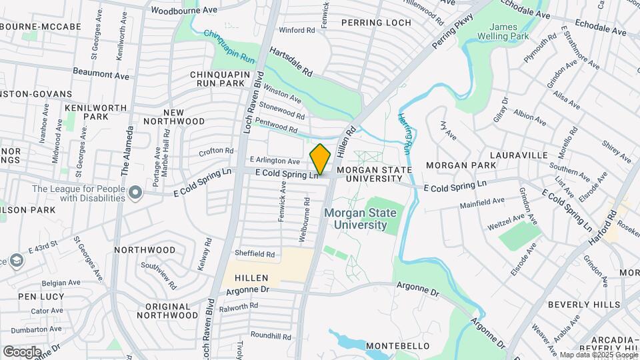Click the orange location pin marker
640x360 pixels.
[x=321, y=159]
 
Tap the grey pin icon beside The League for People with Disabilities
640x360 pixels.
[x=136, y=193]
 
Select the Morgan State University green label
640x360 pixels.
[x=360, y=219]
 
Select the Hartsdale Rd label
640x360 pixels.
[x=291, y=60]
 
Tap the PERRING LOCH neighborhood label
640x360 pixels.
[x=376, y=23]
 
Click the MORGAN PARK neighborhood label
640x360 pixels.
[x=461, y=165]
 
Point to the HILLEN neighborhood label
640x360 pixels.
[x=251, y=277]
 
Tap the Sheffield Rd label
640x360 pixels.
[x=255, y=254]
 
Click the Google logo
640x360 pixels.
[x=22, y=352]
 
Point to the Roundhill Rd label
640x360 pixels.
[x=272, y=336]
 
